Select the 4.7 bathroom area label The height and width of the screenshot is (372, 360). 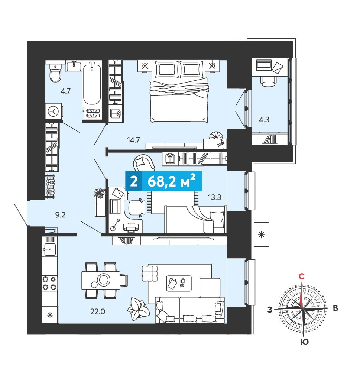(x=65, y=91)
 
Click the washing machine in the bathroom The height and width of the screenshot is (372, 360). (x=54, y=111)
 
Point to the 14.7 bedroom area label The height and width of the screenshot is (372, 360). (x=133, y=140)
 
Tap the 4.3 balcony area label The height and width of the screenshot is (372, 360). (x=264, y=120)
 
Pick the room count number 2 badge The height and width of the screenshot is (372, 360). (x=134, y=181)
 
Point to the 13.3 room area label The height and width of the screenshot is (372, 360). (x=214, y=197)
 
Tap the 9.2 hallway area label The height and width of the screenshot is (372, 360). (x=60, y=215)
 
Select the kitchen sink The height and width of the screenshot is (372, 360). (x=49, y=249)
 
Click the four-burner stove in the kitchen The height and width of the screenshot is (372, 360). (x=50, y=283)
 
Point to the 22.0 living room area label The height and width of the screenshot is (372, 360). (x=97, y=311)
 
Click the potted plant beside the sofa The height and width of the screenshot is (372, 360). (x=138, y=309)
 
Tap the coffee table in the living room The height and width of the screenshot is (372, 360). (x=179, y=283)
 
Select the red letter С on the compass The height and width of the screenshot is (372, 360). (x=301, y=276)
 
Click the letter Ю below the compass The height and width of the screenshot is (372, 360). (x=304, y=342)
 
